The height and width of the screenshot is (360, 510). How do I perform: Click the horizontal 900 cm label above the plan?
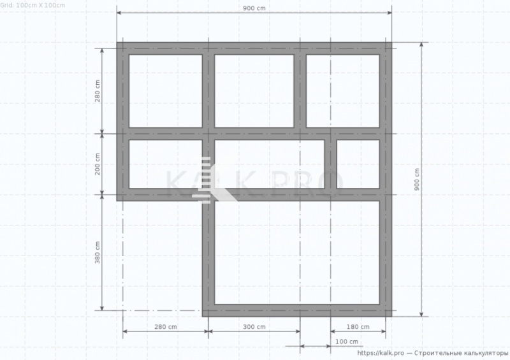tap(254, 8)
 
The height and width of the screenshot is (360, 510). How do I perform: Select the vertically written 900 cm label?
tap(417, 179)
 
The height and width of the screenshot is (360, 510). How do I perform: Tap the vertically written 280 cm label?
tap(98, 90)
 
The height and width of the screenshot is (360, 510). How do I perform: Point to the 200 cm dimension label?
tap(98, 164)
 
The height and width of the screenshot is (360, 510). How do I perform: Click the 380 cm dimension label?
tap(98, 252)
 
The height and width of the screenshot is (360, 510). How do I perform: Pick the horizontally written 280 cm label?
tap(166, 326)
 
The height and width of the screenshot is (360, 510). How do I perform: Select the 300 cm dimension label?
tap(254, 326)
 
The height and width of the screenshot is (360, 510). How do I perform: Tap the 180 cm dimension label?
tap(358, 326)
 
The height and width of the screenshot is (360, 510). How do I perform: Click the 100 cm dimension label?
tap(347, 342)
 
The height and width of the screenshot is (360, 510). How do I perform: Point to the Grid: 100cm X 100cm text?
tap(33, 5)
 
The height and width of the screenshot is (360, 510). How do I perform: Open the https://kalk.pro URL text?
tap(381, 353)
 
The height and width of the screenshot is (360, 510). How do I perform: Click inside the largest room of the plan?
tap(297, 252)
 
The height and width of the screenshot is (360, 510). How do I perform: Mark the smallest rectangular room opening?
tap(358, 164)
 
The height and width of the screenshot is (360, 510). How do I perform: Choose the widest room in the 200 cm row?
tap(269, 164)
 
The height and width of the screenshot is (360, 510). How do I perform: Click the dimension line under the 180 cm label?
tap(358, 331)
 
